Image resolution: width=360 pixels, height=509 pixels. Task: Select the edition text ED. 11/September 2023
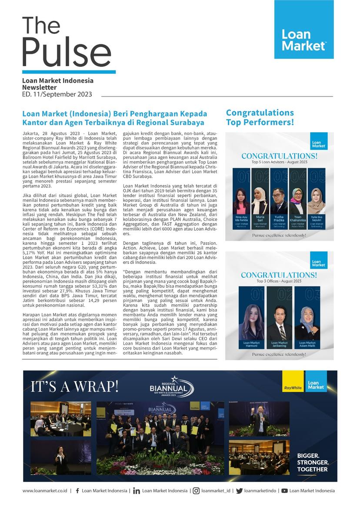click(57, 94)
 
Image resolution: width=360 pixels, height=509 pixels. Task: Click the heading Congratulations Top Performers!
click(260, 117)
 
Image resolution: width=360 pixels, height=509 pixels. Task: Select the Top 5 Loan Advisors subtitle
click(279, 162)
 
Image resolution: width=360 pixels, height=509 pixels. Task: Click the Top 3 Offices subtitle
click(279, 281)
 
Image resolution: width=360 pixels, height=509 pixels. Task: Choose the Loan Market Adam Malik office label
click(307, 345)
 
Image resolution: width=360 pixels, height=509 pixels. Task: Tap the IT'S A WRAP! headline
click(74, 386)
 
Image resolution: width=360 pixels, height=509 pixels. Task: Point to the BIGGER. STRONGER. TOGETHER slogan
click(313, 462)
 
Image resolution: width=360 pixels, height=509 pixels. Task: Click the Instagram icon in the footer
click(197, 491)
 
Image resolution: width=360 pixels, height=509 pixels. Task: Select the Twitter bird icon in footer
click(239, 491)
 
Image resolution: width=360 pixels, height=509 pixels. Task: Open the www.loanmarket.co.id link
click(45, 491)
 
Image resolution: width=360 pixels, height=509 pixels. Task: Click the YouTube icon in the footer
click(284, 491)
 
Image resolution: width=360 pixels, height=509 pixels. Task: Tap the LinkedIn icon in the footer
click(137, 491)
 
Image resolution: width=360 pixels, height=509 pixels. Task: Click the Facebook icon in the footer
click(77, 491)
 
